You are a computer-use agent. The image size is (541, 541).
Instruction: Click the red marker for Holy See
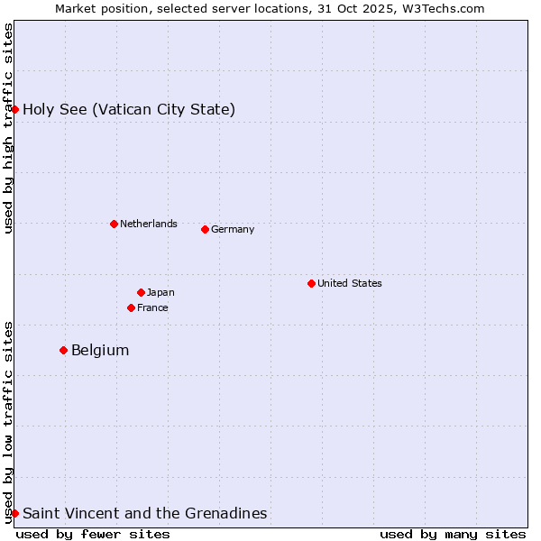tap(14, 109)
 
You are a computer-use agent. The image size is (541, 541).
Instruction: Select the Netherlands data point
tap(114, 224)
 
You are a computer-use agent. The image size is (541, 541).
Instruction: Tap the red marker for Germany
tap(205, 229)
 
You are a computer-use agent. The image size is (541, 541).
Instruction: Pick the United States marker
tap(311, 283)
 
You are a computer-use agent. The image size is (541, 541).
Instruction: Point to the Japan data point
tap(141, 292)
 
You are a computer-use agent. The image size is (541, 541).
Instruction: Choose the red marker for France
tap(131, 307)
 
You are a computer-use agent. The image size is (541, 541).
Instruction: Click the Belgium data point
tap(63, 350)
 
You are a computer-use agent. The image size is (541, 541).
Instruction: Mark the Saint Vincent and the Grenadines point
tap(14, 513)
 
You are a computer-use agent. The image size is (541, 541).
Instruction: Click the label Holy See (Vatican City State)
tap(129, 110)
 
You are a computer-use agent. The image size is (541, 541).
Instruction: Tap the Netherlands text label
tap(148, 224)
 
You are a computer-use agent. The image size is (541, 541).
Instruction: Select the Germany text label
tap(233, 229)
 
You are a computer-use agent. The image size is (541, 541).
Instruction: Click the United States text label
tap(349, 283)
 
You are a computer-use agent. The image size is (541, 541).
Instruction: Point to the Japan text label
tap(160, 292)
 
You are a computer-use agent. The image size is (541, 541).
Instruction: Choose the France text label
tap(152, 307)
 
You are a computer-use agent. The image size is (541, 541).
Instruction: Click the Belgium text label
tap(100, 350)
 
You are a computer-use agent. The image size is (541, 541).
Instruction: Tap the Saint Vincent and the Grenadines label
tap(144, 513)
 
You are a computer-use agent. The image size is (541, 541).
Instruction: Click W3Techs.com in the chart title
tap(440, 8)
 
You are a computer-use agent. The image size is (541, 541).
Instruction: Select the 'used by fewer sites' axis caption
tap(93, 534)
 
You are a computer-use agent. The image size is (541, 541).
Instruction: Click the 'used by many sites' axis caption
tap(453, 534)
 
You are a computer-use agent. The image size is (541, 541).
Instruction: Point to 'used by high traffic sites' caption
tap(8, 128)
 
